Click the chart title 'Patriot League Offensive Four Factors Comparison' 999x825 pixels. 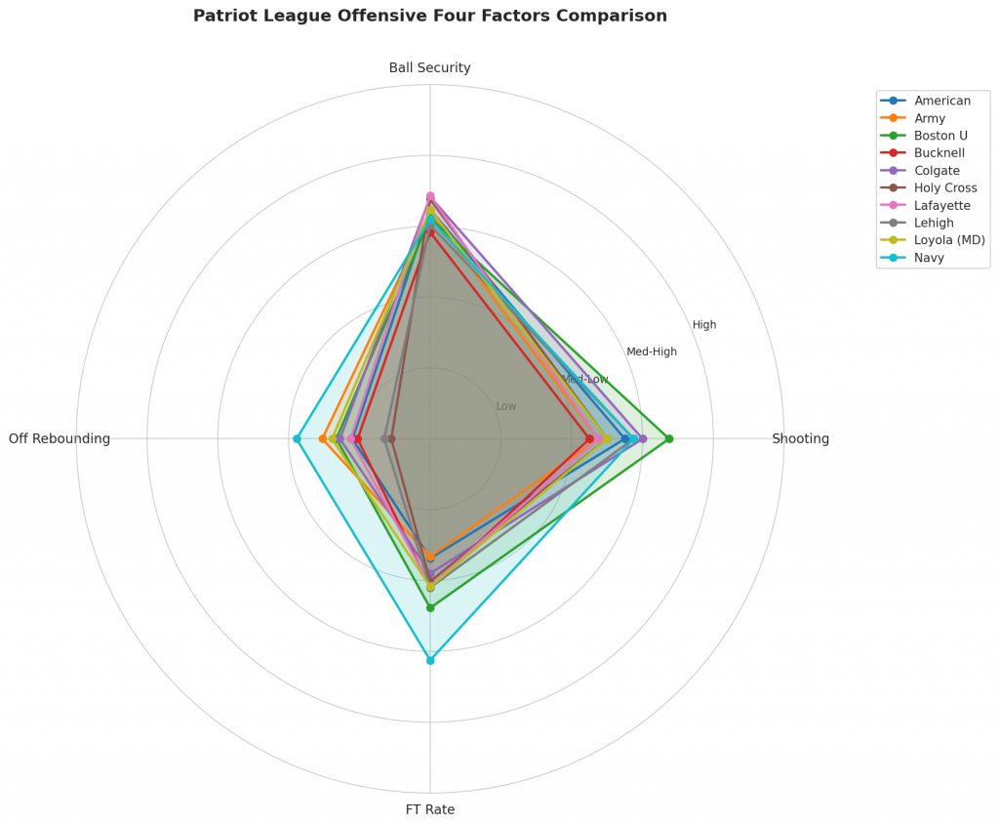point(430,16)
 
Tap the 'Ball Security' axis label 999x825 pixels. point(430,67)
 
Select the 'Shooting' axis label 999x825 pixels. point(800,438)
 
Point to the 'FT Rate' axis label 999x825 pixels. point(430,809)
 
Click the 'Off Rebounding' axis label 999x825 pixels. point(60,438)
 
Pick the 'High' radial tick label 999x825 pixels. point(704,325)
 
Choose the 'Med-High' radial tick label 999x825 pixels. point(652,351)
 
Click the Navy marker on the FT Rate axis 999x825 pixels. point(430,661)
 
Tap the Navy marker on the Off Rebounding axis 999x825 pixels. point(297,438)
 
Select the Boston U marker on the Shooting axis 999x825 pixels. point(669,438)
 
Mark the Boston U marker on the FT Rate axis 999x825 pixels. point(430,607)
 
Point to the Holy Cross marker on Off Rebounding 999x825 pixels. point(392,438)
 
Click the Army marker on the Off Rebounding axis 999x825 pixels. point(323,438)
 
